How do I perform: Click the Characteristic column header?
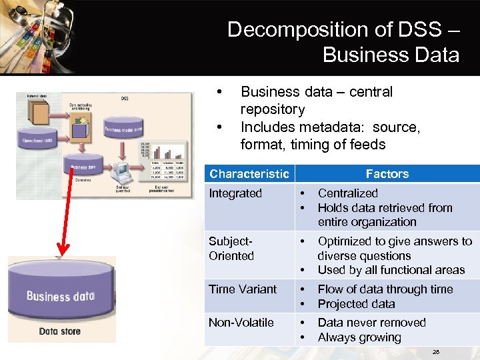point(249,174)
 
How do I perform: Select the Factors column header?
point(387,174)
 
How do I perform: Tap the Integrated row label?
point(235,193)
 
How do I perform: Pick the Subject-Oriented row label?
point(231,249)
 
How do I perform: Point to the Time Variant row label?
point(242,289)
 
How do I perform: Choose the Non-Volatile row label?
point(241,323)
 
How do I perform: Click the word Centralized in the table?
point(347,193)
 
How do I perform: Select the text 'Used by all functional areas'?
point(391,270)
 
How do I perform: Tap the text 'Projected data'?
point(356,304)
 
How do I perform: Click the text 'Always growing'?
point(359,337)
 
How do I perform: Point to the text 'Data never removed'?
point(371,323)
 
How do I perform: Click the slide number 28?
point(436,351)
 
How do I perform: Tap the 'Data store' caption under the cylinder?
point(59,331)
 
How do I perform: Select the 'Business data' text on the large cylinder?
point(60,295)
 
